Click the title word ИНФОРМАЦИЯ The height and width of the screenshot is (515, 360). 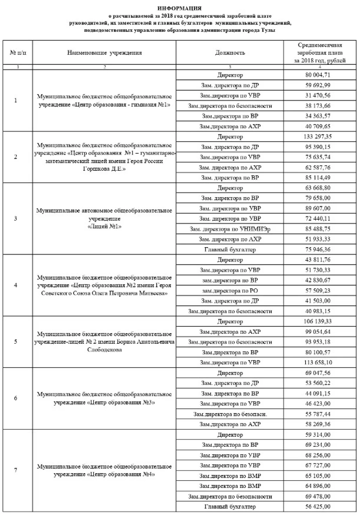pos(179,8)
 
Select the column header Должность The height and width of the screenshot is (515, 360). pos(230,53)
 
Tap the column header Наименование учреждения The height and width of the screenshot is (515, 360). pos(104,53)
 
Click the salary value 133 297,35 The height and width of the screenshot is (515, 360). pos(318,137)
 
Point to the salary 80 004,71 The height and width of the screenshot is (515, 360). pos(318,75)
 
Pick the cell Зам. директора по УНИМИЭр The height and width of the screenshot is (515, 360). pos(230,229)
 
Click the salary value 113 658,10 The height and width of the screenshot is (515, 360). pos(318,362)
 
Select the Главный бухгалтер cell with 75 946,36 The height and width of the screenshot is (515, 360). pos(230,250)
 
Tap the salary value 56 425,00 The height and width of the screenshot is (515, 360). pos(318,507)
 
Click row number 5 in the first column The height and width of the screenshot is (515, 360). pos(15,342)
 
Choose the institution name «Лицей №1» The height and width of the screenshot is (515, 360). pos(104,226)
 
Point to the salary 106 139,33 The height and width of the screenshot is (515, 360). pos(318,321)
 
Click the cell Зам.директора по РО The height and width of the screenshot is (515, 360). pos(230,291)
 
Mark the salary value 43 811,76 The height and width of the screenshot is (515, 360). pos(318,260)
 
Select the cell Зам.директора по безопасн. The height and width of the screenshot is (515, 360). pos(230,414)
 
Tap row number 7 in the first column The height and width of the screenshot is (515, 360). pos(15,470)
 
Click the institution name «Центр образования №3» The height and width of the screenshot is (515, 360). pos(104,402)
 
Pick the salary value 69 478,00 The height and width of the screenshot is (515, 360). pos(318,496)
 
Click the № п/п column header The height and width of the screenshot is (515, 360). pos(18,53)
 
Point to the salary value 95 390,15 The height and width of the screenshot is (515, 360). pos(318,147)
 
